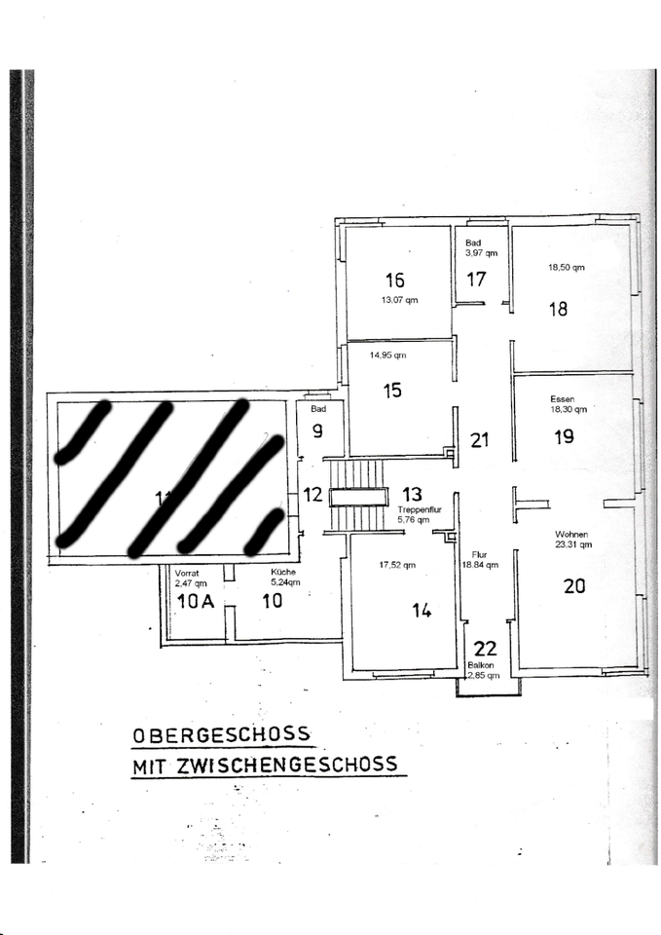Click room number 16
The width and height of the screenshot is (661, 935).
[x=394, y=281]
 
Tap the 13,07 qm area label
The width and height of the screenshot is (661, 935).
[x=399, y=300]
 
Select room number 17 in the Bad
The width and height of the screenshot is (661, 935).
[x=476, y=280]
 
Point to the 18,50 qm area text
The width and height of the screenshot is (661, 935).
[x=566, y=266]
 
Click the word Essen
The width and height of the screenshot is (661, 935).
[x=562, y=398]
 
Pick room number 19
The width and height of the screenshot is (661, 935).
[x=564, y=437]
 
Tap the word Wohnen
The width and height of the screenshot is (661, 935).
[x=571, y=535]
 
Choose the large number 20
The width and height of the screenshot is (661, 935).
[x=574, y=586]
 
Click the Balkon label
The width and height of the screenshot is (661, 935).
[x=484, y=664]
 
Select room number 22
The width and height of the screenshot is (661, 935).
[x=485, y=649]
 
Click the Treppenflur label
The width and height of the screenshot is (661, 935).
[x=421, y=509]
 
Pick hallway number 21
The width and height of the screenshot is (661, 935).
[x=479, y=440]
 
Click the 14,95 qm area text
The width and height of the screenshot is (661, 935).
[x=387, y=355]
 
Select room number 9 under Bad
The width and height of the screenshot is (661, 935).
[x=317, y=430]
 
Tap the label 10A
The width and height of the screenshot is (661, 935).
[x=195, y=601]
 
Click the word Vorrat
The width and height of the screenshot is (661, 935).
[x=187, y=573]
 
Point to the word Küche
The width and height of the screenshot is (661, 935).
[x=284, y=573]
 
